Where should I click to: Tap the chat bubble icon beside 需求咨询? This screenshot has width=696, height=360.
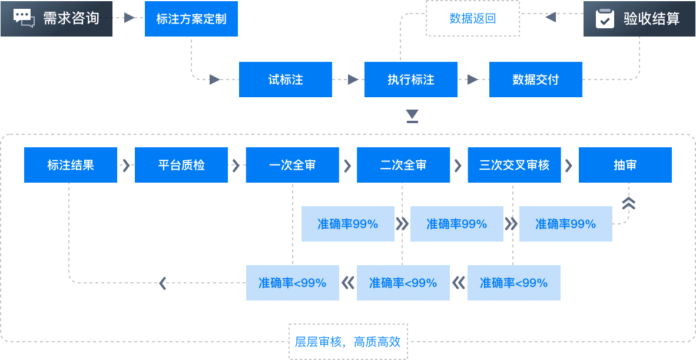[24, 18]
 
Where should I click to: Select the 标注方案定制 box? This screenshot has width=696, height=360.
[191, 18]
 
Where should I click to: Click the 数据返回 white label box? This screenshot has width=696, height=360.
[473, 18]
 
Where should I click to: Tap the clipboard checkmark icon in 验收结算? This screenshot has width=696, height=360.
[604, 19]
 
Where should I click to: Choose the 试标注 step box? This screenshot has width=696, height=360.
[286, 80]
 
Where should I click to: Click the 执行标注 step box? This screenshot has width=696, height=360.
[411, 80]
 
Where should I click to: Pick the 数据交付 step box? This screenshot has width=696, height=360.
[536, 80]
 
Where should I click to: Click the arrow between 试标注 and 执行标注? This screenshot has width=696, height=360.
[353, 80]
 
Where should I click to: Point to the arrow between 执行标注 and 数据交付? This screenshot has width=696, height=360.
[473, 80]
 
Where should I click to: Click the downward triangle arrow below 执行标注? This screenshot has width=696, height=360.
[412, 115]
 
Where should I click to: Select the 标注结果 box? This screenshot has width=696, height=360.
[71, 165]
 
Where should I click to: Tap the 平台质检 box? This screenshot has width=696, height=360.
[181, 165]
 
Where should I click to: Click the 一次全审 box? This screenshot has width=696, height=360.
[292, 165]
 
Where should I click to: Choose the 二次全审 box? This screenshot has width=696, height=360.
[403, 165]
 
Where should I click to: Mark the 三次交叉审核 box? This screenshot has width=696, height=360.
[514, 165]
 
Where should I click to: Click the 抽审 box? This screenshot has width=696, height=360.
[625, 165]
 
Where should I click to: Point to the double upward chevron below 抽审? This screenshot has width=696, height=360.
[629, 203]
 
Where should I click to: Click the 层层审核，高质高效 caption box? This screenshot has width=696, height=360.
[347, 342]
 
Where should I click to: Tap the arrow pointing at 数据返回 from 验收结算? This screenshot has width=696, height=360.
[551, 18]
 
